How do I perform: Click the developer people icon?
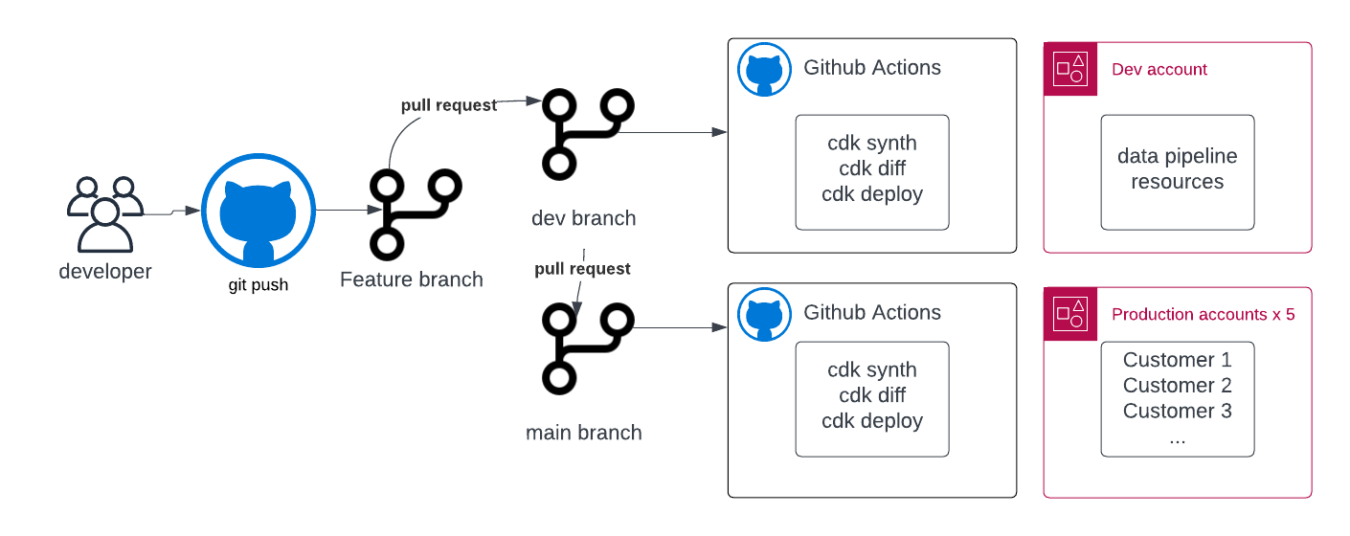[105, 213]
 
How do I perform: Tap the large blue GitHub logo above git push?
[259, 211]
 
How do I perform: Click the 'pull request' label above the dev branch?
[449, 105]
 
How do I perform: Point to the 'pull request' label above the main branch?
[582, 269]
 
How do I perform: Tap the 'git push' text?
[259, 284]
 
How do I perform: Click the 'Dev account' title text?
[1159, 70]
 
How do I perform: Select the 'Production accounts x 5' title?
[1203, 315]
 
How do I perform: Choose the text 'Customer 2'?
[1177, 386]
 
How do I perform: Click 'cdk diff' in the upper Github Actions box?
[872, 168]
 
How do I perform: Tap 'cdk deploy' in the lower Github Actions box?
[872, 421]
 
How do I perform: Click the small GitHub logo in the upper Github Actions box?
[764, 70]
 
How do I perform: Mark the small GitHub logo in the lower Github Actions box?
[764, 315]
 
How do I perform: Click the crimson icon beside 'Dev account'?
[1069, 69]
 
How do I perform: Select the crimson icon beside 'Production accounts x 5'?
[1069, 314]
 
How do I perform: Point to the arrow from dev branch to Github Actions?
[675, 133]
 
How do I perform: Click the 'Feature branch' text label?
[412, 279]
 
